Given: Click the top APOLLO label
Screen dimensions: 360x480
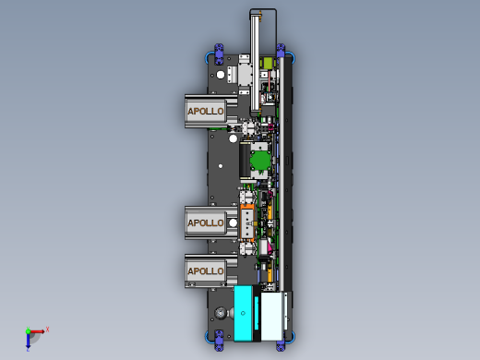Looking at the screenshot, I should pyautogui.click(x=205, y=111).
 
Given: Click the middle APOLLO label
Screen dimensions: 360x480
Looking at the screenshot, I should pyautogui.click(x=205, y=222).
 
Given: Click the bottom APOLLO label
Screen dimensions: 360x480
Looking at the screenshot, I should pyautogui.click(x=205, y=270).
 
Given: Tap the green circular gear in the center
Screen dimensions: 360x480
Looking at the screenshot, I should pyautogui.click(x=261, y=161).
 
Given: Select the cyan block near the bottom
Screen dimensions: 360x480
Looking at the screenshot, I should pyautogui.click(x=246, y=313).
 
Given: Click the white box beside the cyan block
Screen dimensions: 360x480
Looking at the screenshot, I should pyautogui.click(x=275, y=315).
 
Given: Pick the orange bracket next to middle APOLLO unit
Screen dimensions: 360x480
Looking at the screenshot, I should pyautogui.click(x=248, y=222).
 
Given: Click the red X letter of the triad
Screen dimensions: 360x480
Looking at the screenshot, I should pyautogui.click(x=47, y=329).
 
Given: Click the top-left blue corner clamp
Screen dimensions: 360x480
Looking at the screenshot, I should pyautogui.click(x=219, y=52).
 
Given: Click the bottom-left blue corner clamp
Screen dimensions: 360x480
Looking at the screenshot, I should pyautogui.click(x=219, y=342).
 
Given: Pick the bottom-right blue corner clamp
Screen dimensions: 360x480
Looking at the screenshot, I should pyautogui.click(x=282, y=344).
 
